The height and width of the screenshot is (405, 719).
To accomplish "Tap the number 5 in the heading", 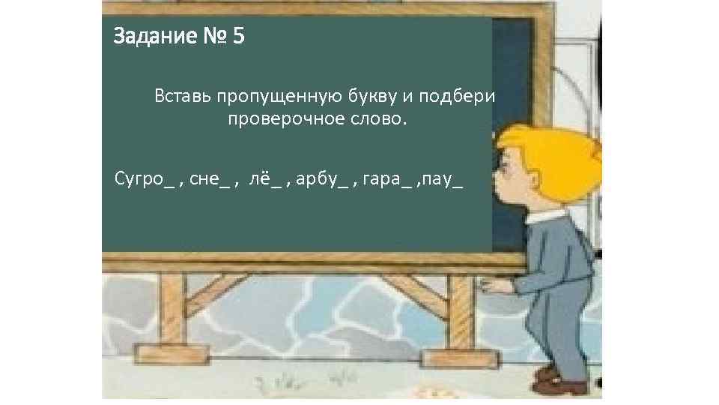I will click(x=237, y=36).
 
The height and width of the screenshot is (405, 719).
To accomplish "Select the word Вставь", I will click(x=183, y=97).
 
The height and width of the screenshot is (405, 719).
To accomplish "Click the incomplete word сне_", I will click(x=210, y=179).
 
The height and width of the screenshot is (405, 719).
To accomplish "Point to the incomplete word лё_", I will click(x=267, y=179).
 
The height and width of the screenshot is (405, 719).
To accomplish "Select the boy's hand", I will click(x=491, y=286).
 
